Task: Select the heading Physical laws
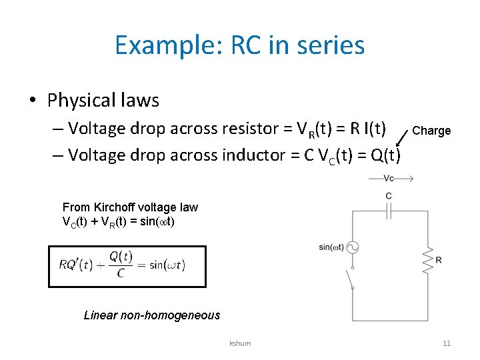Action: tap(103, 101)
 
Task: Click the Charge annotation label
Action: tap(431, 131)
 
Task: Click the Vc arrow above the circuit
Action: tap(391, 179)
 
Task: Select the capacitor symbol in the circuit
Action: tap(389, 210)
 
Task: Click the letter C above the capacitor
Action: tap(389, 196)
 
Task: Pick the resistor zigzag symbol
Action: tap(425, 259)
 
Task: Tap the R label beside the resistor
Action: tap(438, 259)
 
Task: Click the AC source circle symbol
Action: tap(353, 247)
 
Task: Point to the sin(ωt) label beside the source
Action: tap(331, 247)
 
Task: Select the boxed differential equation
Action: tap(127, 266)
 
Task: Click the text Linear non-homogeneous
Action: tap(152, 315)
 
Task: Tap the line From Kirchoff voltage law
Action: tap(130, 207)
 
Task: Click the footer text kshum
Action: tap(240, 343)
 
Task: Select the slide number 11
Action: tap(447, 343)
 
